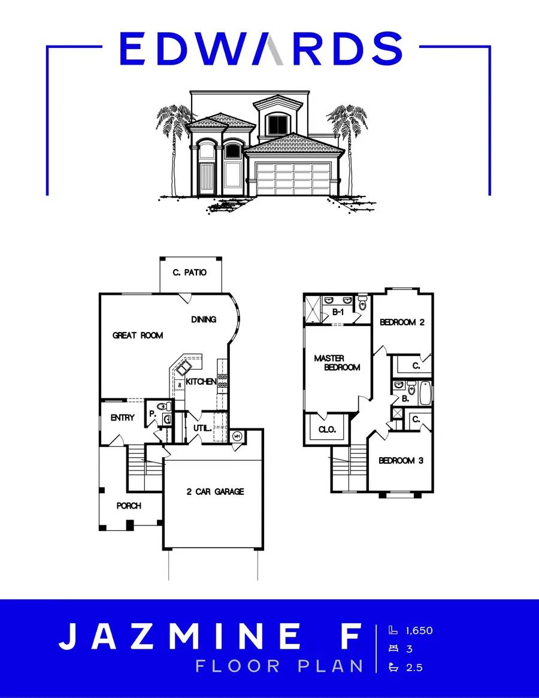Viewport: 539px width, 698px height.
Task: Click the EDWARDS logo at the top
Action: pos(261,49)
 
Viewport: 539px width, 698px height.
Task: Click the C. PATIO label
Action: pos(189,273)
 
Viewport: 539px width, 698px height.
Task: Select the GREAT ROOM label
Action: pos(138,336)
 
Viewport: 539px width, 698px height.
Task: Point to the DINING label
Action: pos(204,319)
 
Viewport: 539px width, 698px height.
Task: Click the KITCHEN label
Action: pos(201,382)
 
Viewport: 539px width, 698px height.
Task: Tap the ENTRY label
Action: pos(123,418)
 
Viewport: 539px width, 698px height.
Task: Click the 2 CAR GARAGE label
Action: pos(214,492)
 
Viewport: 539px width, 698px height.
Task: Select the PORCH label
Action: pos(129,506)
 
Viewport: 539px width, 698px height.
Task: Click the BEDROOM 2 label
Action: pos(402,322)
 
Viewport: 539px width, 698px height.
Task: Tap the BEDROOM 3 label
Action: pos(401,461)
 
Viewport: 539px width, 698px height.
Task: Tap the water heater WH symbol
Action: pos(237,436)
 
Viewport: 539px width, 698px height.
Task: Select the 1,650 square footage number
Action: pos(419,630)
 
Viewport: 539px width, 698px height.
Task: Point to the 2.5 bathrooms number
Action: pos(414,667)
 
